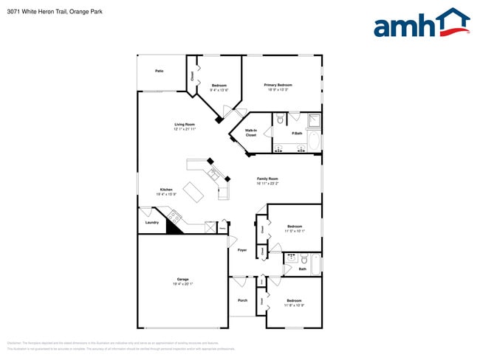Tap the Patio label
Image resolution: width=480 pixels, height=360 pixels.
[159, 71]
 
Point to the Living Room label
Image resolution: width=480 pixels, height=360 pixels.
[185, 124]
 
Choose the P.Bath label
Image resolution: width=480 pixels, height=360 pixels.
[297, 133]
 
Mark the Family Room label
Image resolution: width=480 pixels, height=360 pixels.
[267, 179]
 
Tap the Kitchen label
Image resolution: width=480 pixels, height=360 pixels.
[166, 190]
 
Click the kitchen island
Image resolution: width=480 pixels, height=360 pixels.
[194, 193]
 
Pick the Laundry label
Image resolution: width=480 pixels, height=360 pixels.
[152, 222]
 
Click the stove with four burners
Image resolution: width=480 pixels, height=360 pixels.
[175, 215]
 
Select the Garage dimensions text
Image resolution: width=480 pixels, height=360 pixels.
[182, 283]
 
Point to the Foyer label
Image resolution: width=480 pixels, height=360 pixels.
[242, 250]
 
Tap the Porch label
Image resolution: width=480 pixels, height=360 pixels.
[242, 300]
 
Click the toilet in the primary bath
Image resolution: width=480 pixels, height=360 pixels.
[281, 119]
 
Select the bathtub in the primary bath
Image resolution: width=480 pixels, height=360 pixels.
[313, 139]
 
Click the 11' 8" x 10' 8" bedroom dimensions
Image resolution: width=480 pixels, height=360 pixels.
[294, 305]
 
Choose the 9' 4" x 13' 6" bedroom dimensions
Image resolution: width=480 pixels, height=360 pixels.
[219, 90]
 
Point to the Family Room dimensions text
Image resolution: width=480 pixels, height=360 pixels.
[267, 184]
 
